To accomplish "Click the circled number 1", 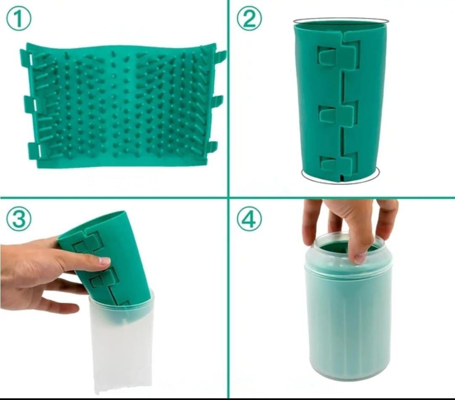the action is tap(18, 18).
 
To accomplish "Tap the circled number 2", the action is tap(249, 18).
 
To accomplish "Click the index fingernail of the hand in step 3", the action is tap(104, 261).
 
